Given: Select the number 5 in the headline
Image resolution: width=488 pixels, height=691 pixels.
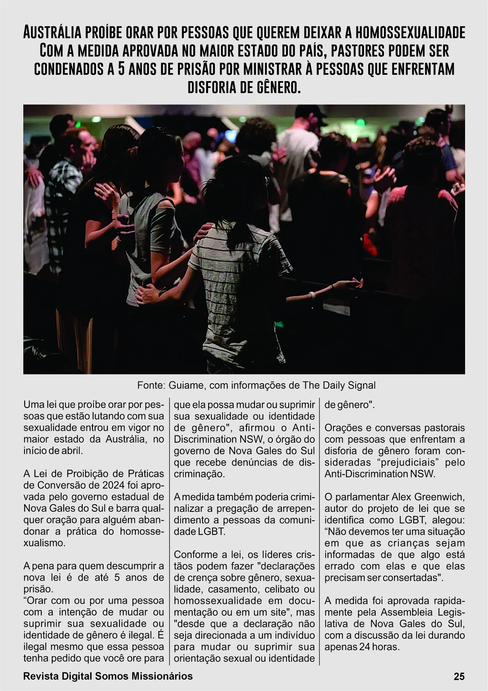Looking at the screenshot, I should pos(122,69).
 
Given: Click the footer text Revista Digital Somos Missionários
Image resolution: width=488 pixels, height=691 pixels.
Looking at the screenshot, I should pos(108,677).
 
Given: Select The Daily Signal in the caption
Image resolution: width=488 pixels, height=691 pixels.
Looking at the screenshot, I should pos(339,386).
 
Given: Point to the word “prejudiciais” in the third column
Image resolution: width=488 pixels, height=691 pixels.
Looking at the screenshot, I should pos(402,462).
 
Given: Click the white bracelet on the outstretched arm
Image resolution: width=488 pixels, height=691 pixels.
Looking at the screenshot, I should pos(312,295).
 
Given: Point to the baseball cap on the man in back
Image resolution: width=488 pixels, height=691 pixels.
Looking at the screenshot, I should pos(313,110).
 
